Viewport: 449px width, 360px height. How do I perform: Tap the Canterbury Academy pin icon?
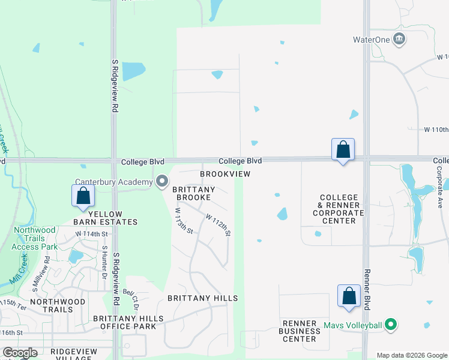point(162,181)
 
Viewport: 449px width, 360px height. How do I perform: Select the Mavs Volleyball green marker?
point(391,325)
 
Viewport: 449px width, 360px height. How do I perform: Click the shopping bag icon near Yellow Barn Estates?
point(82,196)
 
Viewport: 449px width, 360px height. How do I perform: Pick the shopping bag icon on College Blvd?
point(343,149)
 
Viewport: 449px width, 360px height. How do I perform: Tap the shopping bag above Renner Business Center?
point(349,296)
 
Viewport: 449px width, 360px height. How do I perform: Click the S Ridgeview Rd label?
point(114,86)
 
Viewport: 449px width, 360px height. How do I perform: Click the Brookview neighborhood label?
point(224,173)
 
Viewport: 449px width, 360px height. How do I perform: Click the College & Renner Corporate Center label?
point(339,209)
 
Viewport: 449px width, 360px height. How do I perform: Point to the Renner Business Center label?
point(303,331)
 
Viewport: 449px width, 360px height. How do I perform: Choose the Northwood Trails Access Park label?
point(35,238)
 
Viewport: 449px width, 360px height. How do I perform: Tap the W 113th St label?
point(184,221)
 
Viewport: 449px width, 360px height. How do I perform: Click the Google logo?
point(20,353)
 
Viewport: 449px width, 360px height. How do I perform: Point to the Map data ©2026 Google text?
point(411,355)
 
